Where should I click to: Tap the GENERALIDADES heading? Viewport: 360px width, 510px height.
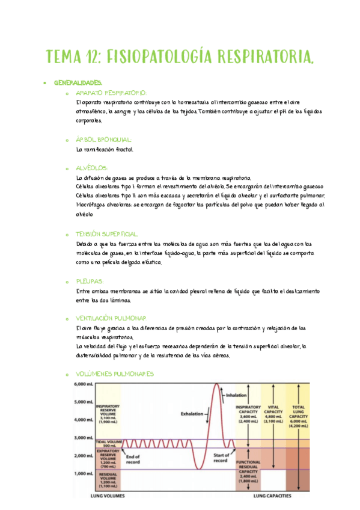pyautogui.click(x=78, y=82)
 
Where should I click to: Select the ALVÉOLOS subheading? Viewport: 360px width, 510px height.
pyautogui.click(x=92, y=168)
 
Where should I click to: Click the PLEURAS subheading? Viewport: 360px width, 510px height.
pyautogui.click(x=90, y=281)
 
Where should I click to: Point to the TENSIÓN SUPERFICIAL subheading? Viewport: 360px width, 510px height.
pyautogui.click(x=108, y=233)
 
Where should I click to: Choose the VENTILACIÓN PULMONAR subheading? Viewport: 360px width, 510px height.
pyautogui.click(x=111, y=318)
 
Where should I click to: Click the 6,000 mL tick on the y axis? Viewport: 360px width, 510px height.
pyautogui.click(x=84, y=384)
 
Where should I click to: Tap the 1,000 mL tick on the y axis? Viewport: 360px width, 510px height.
pyautogui.click(x=84, y=473)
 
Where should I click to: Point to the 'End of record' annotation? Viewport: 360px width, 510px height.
pyautogui.click(x=133, y=459)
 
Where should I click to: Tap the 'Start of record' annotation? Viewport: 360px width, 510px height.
pyautogui.click(x=221, y=458)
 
